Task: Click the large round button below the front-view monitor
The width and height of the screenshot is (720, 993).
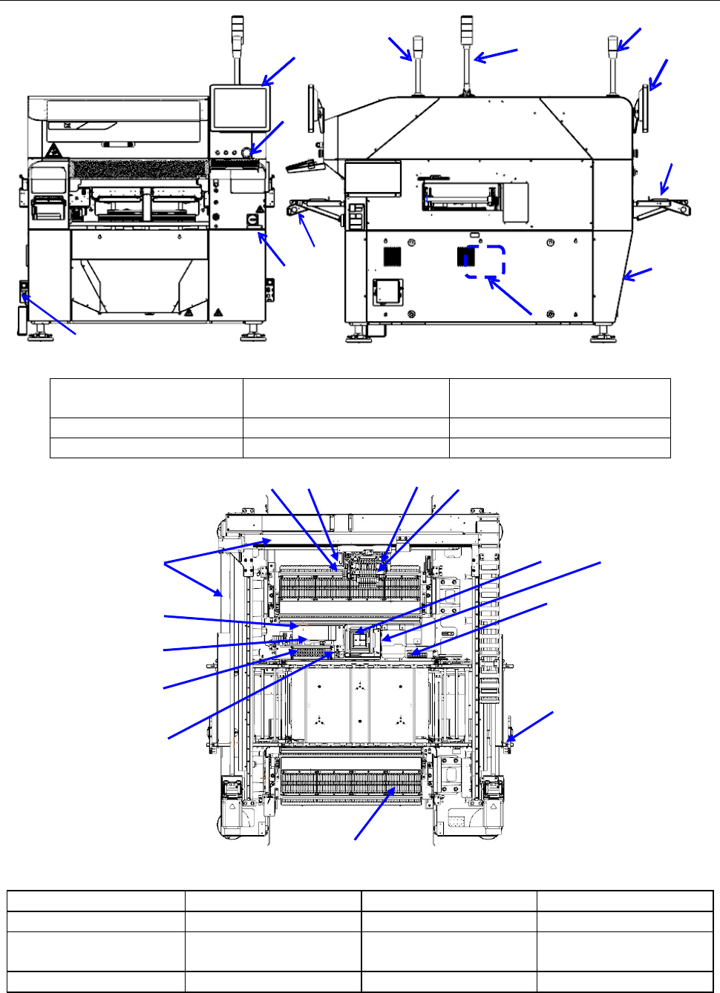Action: (x=247, y=152)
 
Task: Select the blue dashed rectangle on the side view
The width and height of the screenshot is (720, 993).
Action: (x=485, y=262)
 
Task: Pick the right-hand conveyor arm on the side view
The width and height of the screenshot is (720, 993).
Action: (x=662, y=208)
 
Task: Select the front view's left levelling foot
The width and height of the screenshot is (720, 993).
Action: (x=39, y=336)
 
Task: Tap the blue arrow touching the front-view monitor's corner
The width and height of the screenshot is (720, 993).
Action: (x=278, y=71)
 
